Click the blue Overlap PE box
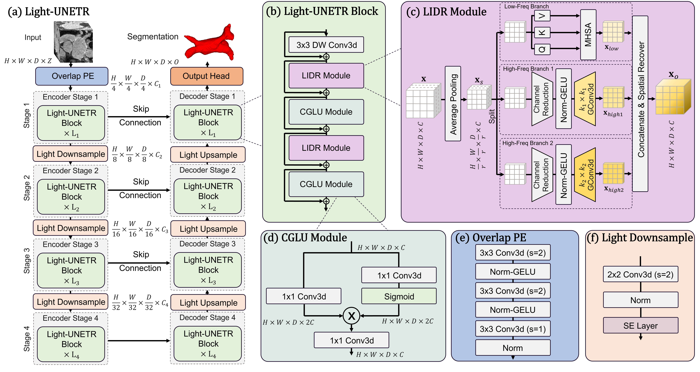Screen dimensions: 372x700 (72, 76)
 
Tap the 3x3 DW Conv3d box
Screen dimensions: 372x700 (326, 45)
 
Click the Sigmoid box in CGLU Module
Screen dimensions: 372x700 (399, 296)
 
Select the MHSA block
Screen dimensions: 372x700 (588, 35)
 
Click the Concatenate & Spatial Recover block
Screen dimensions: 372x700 (640, 103)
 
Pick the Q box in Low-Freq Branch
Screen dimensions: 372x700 (542, 49)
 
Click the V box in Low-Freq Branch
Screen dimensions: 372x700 (542, 16)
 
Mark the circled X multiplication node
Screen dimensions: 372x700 (351, 316)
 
